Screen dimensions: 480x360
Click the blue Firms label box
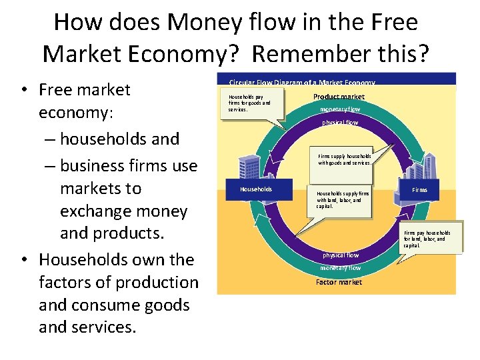[419, 190]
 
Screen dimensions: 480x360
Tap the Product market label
[339, 97]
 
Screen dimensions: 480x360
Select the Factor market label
[339, 282]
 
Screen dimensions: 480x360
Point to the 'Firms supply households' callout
[344, 159]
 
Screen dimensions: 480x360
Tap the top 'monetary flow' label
[340, 109]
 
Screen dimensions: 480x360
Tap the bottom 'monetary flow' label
[340, 268]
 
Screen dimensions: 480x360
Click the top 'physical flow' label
[340, 123]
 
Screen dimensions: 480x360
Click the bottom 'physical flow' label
[340, 255]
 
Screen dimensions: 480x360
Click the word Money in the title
[202, 23]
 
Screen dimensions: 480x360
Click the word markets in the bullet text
[101, 189]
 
